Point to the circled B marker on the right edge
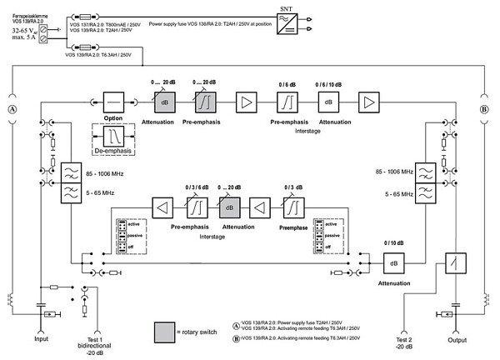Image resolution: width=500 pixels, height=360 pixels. click(484, 108)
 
